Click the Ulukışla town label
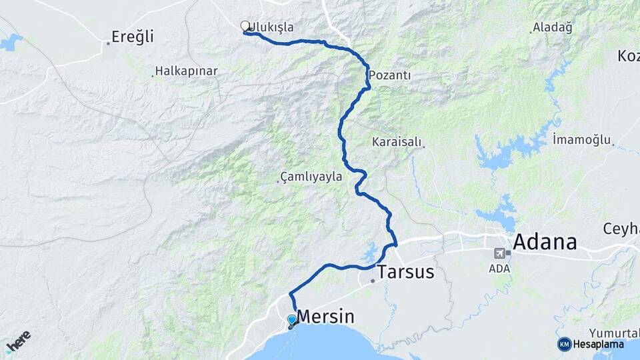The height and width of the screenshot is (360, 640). click(x=272, y=27)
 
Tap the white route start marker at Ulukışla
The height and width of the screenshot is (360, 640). click(x=245, y=26)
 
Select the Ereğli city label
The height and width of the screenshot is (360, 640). click(x=132, y=37)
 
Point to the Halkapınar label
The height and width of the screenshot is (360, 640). click(x=182, y=70)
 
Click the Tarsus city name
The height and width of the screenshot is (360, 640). click(x=405, y=272)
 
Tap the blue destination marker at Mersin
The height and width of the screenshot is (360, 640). click(x=291, y=320)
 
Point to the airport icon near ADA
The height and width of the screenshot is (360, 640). click(x=499, y=253)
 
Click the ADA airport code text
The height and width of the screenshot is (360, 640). click(x=499, y=268)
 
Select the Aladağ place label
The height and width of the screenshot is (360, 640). click(x=553, y=28)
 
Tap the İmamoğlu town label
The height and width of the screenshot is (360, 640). click(x=582, y=139)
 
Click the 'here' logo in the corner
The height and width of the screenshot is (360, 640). click(x=18, y=341)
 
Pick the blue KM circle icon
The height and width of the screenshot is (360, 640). click(x=565, y=344)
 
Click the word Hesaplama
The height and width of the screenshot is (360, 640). click(x=599, y=344)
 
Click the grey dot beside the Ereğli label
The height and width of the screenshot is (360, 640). click(x=107, y=43)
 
